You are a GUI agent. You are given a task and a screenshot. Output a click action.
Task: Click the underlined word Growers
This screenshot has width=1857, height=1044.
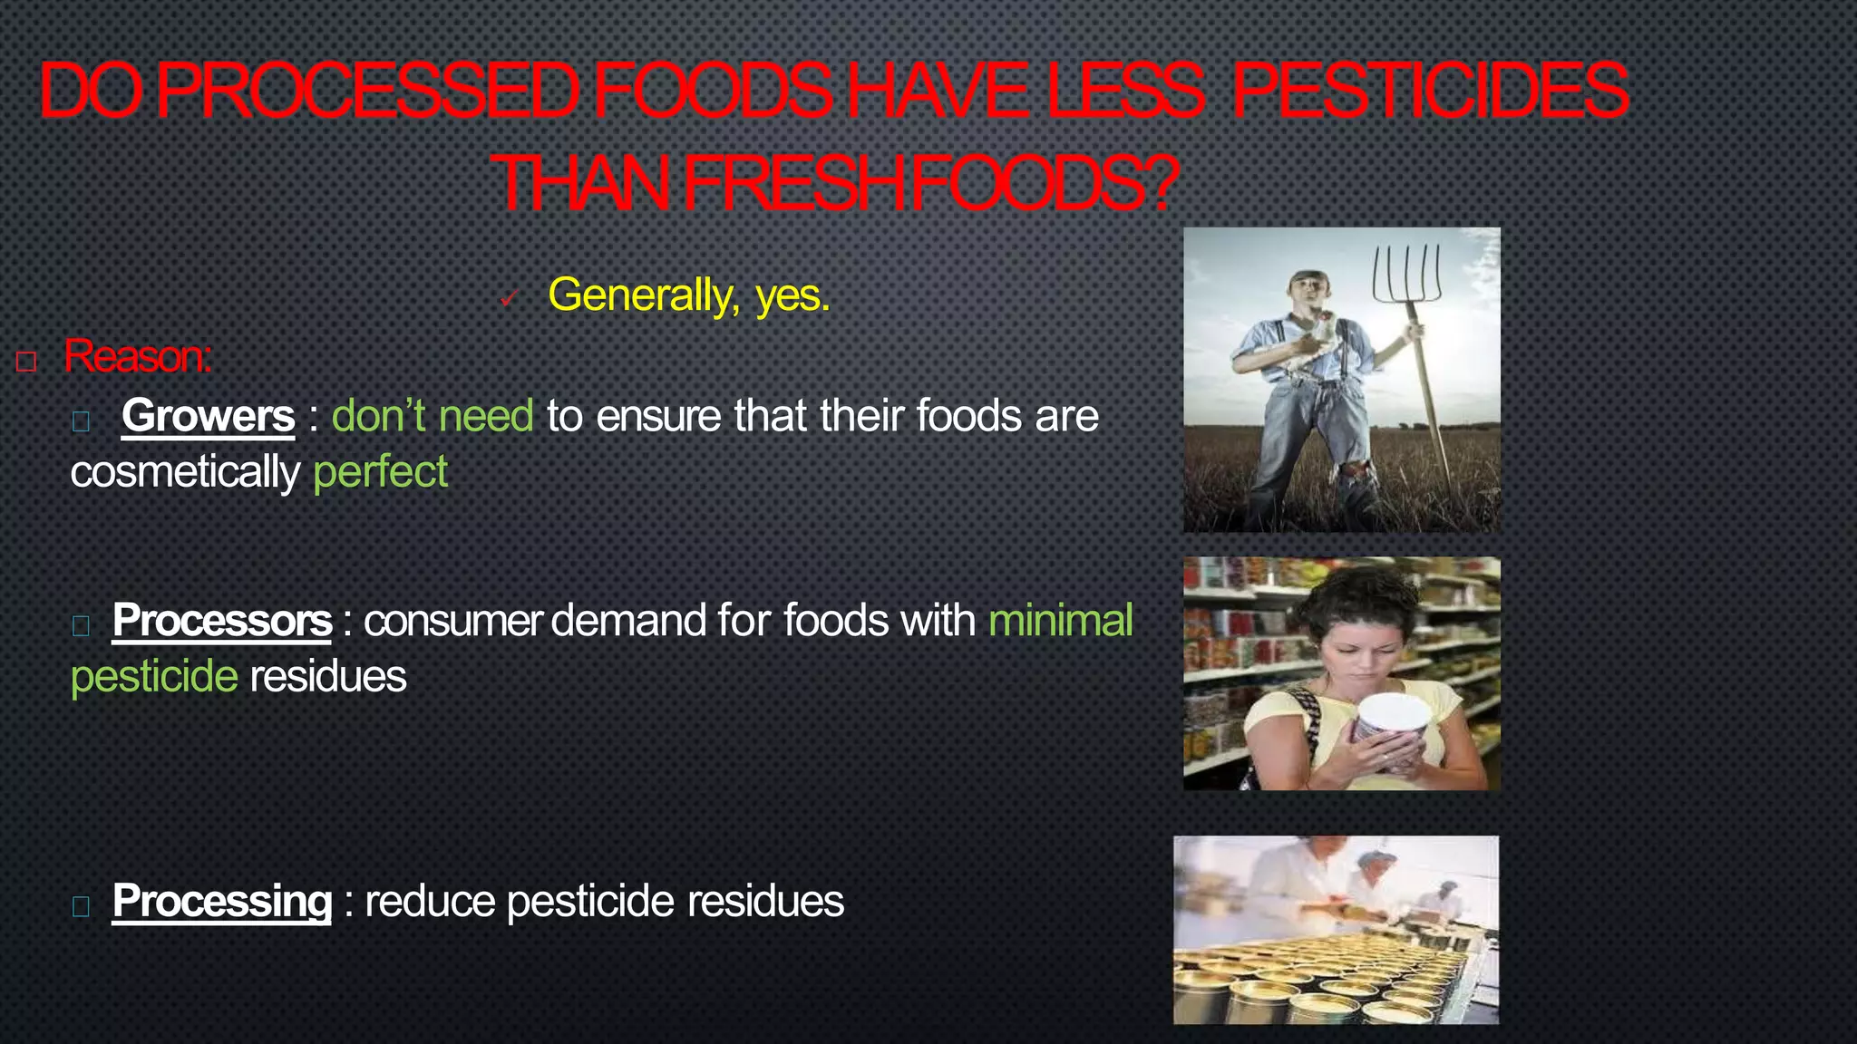208,416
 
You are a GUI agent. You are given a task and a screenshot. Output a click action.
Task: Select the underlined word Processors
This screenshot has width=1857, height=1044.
222,621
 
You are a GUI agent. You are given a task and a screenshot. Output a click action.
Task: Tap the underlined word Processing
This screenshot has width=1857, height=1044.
222,901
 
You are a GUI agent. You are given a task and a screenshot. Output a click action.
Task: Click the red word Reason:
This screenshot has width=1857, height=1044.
138,356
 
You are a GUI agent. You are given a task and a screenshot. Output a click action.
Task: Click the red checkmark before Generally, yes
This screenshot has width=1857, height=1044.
509,298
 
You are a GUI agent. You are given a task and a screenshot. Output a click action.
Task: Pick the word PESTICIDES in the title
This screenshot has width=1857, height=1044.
1430,91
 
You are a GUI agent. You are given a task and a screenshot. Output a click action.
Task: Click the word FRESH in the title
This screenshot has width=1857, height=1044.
795,183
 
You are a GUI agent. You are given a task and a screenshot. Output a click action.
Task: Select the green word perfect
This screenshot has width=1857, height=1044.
380,472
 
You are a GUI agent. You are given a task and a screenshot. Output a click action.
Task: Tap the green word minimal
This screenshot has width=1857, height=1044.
1060,621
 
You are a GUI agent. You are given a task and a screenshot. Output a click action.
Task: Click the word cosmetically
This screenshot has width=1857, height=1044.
185,472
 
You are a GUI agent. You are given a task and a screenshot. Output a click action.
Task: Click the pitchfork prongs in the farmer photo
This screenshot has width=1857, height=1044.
1406,272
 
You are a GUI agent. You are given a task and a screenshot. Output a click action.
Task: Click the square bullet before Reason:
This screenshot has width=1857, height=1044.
26,362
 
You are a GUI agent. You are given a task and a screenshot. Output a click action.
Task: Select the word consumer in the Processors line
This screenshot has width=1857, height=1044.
452,621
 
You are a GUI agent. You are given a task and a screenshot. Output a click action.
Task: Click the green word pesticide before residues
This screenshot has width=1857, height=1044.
154,677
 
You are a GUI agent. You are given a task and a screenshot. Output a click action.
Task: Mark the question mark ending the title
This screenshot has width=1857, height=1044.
1162,183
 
